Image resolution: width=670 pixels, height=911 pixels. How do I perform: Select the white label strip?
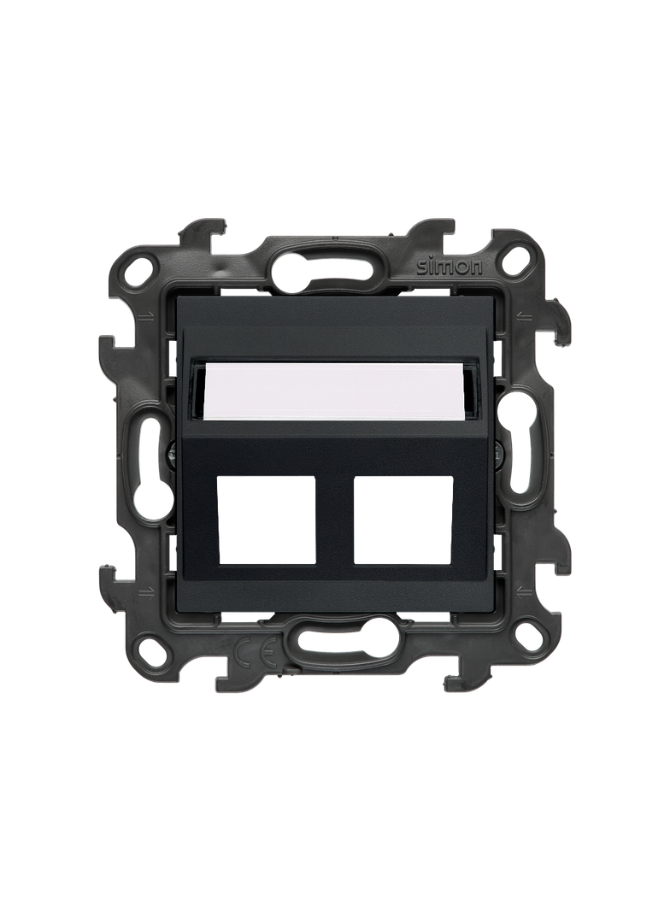pos(336,391)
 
